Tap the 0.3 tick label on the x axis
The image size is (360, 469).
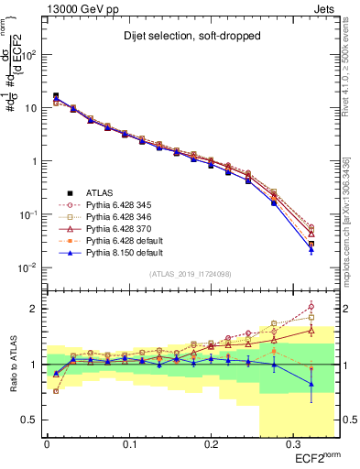pos(292,444)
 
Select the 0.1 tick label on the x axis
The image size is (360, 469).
pos(128,444)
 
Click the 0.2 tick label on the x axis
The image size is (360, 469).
pos(211,444)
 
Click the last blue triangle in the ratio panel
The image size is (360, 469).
pos(311,384)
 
